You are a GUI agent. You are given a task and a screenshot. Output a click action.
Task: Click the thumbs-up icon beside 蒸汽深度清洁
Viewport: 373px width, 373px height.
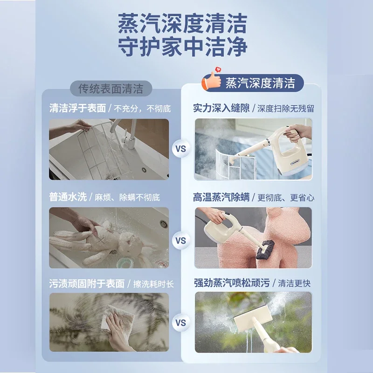point(211,81)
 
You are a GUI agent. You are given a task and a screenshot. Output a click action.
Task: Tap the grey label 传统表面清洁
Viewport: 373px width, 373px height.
point(111,88)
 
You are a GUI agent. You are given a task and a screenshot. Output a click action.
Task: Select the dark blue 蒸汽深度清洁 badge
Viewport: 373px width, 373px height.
point(260,83)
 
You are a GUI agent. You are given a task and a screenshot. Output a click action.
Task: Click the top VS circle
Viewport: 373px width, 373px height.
point(181,149)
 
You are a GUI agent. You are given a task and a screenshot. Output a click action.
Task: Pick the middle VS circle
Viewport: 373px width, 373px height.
point(181,241)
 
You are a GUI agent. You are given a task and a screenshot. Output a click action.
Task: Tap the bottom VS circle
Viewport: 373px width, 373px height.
point(181,322)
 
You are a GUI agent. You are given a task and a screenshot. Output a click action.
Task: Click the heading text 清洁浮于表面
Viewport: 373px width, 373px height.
point(77,109)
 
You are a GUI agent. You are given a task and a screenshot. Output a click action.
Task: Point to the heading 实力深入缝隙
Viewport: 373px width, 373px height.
point(221,109)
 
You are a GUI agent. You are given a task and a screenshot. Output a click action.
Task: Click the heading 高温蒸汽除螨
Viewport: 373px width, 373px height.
point(221,197)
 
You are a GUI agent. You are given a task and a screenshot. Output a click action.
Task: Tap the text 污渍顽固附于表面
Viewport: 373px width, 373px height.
point(87,283)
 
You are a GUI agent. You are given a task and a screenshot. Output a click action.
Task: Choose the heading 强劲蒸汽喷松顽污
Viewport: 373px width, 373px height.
point(234,283)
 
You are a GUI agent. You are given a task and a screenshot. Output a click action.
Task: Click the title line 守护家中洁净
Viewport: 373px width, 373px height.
point(182,47)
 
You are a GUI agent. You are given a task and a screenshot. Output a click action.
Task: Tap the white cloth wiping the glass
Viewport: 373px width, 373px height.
point(118,317)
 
